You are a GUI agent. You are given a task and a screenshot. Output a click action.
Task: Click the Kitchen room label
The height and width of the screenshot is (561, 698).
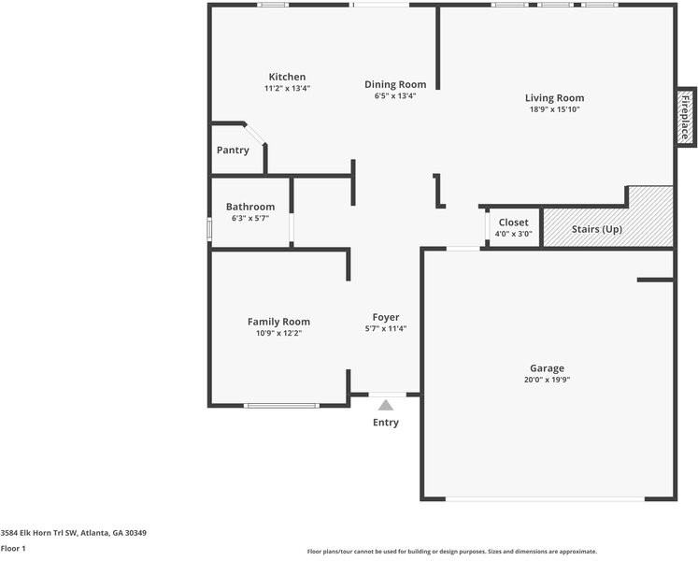coord(287,77)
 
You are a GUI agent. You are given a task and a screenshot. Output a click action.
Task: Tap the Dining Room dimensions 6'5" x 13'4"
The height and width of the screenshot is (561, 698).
coord(395,95)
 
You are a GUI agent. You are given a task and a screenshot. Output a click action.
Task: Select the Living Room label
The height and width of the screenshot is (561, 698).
coord(555,98)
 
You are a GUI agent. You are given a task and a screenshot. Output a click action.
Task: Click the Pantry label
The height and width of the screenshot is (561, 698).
coord(233,151)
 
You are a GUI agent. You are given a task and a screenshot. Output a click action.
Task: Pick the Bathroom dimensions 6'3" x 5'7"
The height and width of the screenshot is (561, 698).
coord(250,219)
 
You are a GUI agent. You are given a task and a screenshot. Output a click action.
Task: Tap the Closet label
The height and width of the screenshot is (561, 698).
coord(514,223)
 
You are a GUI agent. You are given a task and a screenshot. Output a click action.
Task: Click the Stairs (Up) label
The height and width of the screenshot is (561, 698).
coord(597,229)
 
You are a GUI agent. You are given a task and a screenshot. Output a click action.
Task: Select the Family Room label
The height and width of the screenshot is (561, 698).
coord(278,322)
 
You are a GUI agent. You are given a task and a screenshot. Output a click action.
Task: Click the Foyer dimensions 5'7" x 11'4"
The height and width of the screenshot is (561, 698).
coord(386,329)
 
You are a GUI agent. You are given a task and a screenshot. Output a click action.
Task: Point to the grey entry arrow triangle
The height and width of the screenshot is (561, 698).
coord(386,405)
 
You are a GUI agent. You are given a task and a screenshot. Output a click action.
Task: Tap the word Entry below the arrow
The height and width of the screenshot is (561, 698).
coord(386,423)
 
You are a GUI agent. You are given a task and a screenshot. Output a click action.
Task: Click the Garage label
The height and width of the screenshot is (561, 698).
coord(547,368)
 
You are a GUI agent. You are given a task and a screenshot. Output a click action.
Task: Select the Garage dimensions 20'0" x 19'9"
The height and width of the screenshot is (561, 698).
coord(547,381)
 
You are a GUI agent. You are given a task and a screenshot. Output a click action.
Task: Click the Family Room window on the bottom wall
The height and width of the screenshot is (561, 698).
coord(281,406)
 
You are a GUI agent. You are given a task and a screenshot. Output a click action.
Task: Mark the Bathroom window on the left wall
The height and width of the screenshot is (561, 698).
coord(209,229)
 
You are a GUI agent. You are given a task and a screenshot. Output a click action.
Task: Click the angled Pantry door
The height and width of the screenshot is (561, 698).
coord(255,134)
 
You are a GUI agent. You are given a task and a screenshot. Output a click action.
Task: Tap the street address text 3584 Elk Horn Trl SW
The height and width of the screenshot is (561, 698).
coord(39,532)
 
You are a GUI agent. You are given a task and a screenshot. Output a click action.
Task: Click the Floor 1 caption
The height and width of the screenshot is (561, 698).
coord(13,549)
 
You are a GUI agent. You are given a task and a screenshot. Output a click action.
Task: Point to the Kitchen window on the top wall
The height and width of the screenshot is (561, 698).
coord(273,5)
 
